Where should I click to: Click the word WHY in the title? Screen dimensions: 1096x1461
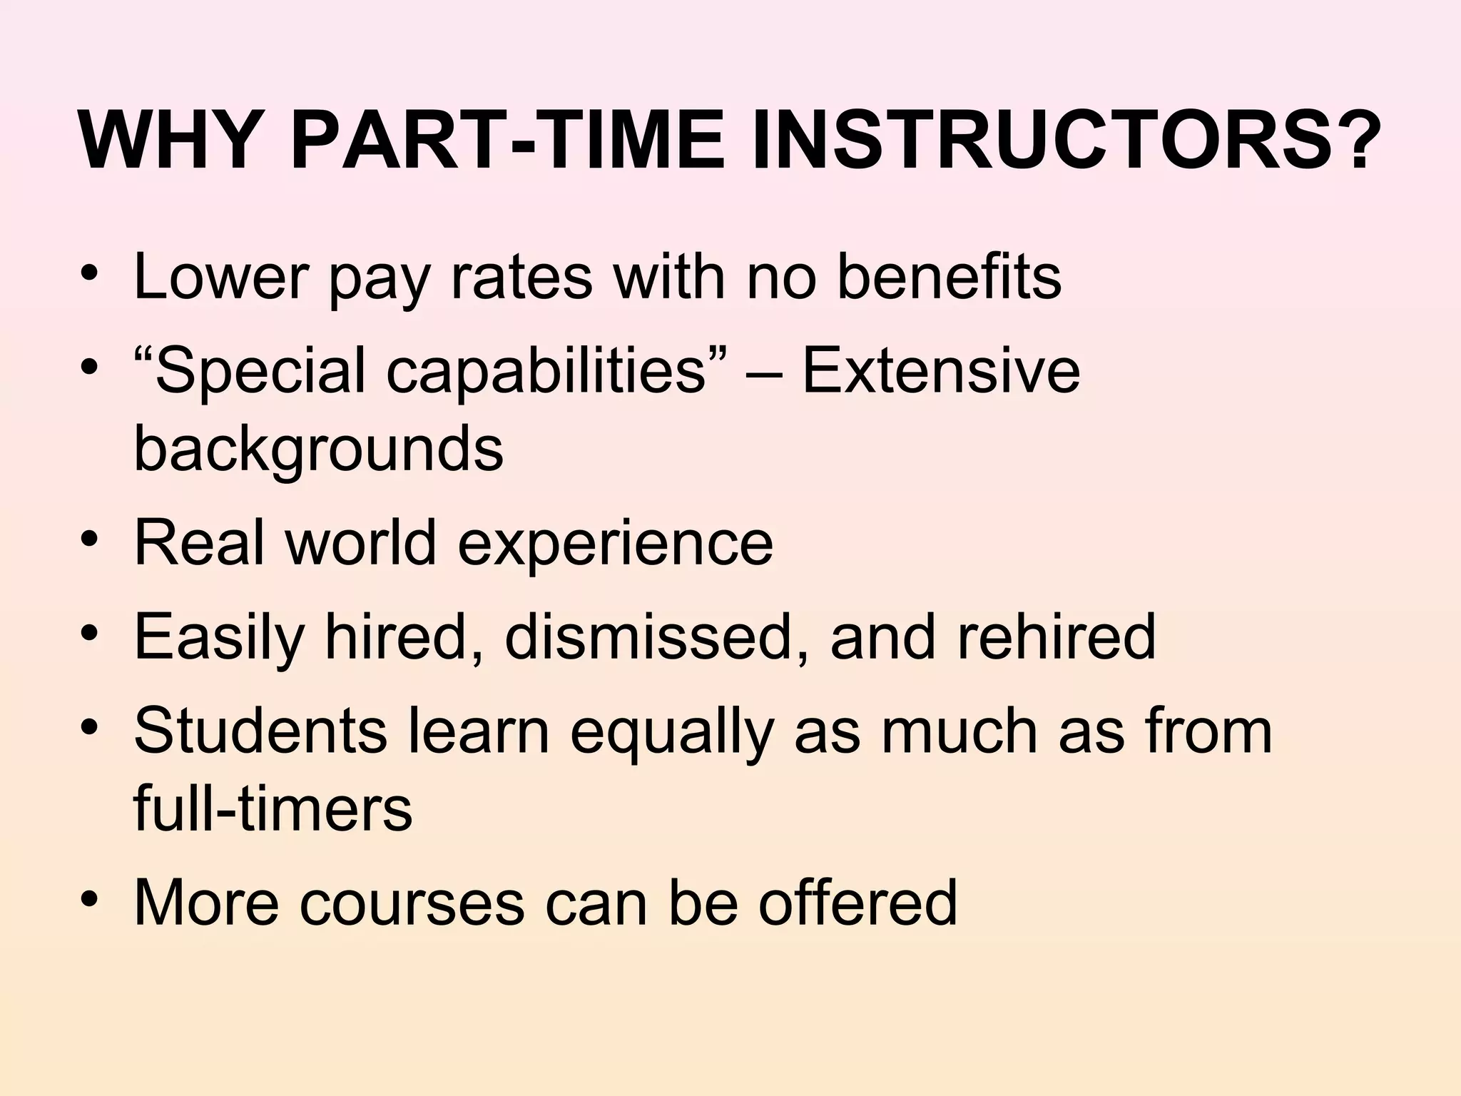point(169,140)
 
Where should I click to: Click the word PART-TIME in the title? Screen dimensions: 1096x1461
point(508,140)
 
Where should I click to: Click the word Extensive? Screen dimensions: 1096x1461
point(941,371)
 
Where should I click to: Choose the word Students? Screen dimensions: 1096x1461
point(260,731)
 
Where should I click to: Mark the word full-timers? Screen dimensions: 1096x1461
point(273,808)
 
